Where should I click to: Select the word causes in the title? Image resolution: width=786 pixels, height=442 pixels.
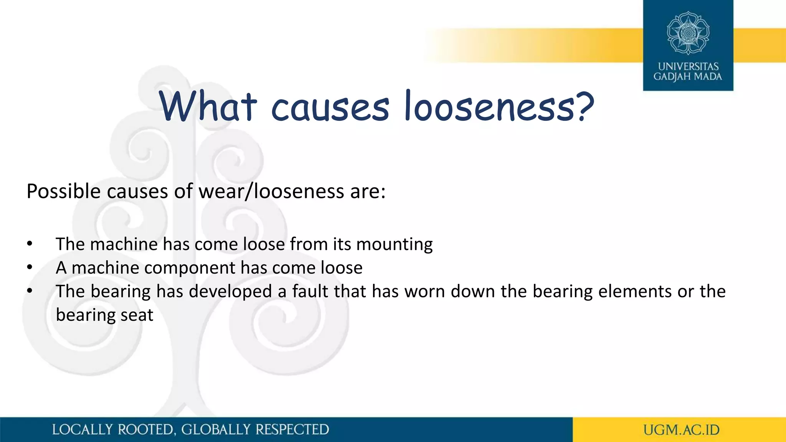(x=330, y=108)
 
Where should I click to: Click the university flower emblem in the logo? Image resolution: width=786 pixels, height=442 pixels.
(x=688, y=33)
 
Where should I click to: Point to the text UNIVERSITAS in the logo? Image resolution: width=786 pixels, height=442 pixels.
(x=688, y=66)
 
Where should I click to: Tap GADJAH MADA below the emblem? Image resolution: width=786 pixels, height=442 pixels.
(x=688, y=77)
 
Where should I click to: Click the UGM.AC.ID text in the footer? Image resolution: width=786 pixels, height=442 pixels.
(x=681, y=430)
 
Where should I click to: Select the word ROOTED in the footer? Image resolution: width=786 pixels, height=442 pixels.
(x=146, y=430)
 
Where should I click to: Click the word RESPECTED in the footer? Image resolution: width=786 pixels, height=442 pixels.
(x=292, y=430)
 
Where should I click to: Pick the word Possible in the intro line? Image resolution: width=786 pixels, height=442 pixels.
(x=63, y=191)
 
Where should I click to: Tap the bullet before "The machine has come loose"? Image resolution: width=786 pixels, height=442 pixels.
(x=30, y=244)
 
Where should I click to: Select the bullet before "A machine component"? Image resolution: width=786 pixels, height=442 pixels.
(x=30, y=268)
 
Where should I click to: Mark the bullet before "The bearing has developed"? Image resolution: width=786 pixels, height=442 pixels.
(x=30, y=291)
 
